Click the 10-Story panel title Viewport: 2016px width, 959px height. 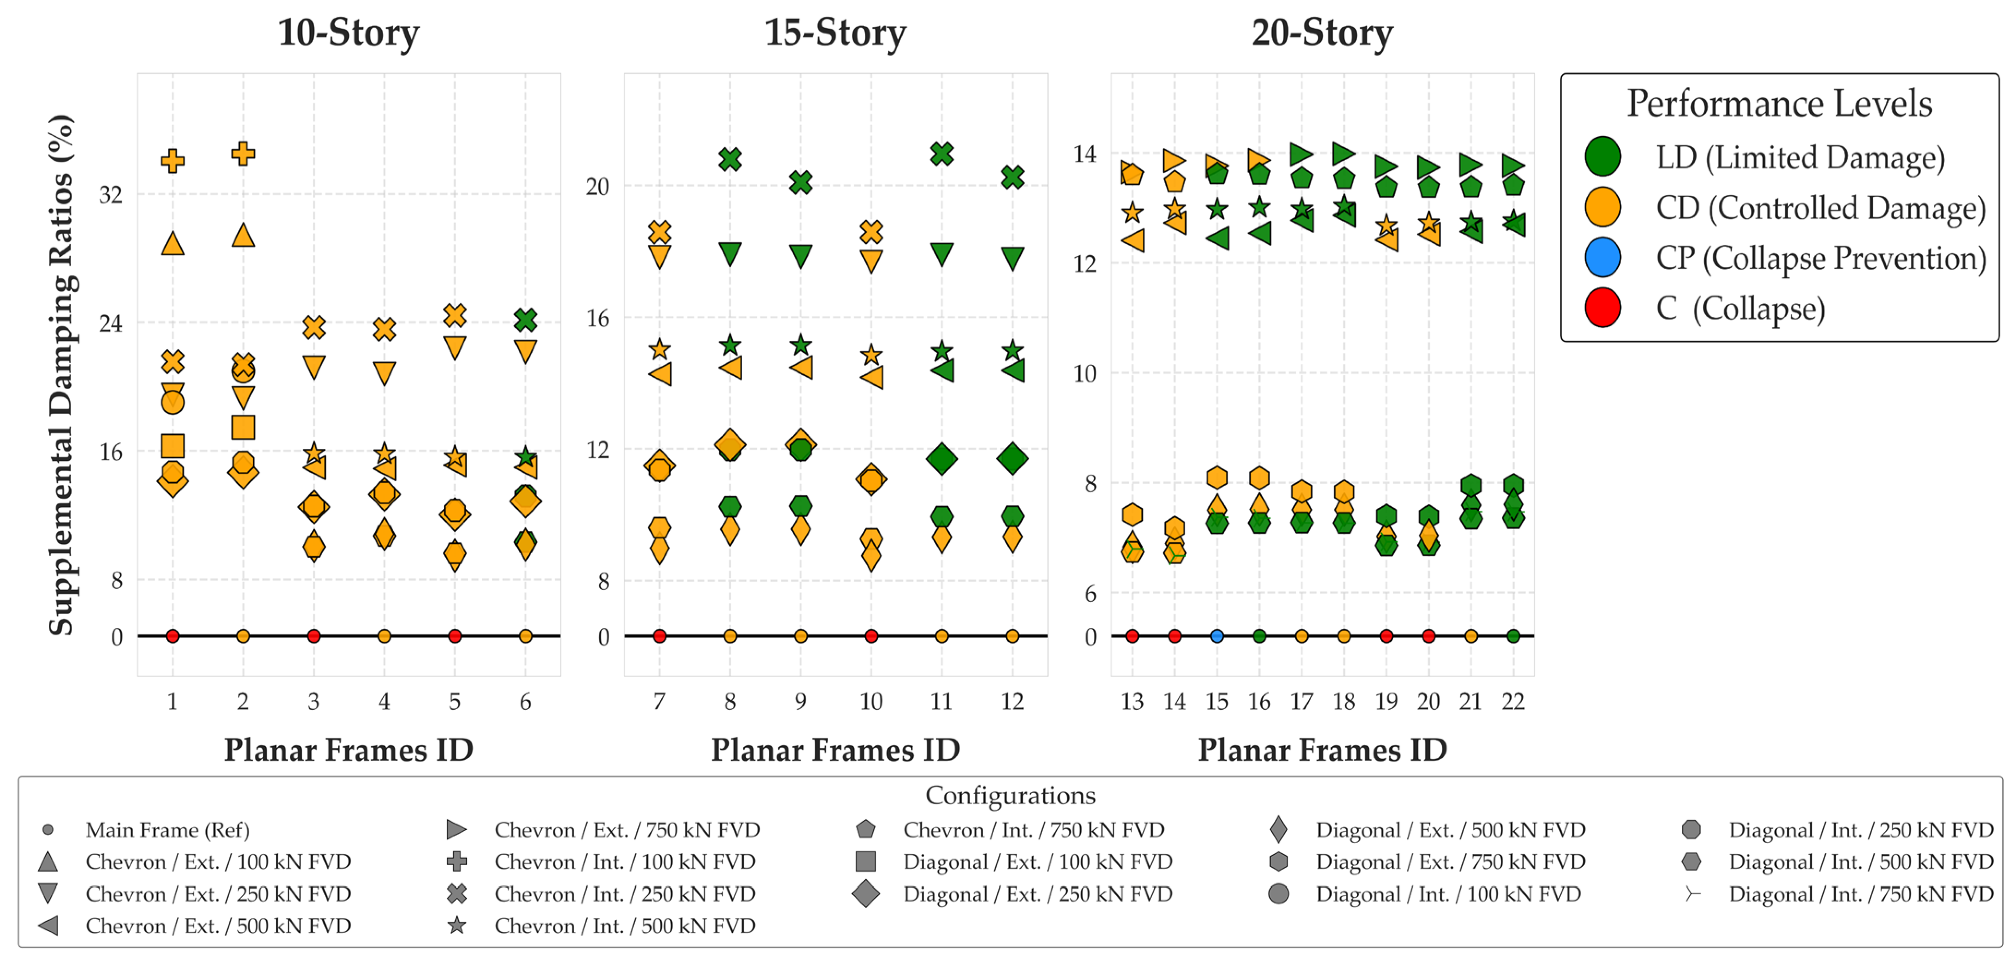tap(348, 33)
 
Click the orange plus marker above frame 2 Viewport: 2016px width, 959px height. tap(243, 153)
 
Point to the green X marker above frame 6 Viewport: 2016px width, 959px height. tap(525, 320)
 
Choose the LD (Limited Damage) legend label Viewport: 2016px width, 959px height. tap(1800, 157)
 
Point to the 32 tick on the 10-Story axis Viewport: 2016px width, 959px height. tap(110, 195)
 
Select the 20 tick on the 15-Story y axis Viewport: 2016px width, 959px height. tap(597, 187)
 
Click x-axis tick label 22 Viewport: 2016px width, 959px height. tap(1513, 701)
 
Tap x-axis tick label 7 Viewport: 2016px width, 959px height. tap(659, 701)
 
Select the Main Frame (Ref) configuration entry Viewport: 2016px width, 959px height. tap(145, 830)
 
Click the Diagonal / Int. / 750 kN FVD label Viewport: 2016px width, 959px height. tap(1861, 894)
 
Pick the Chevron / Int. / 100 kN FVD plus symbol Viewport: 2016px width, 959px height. tap(456, 862)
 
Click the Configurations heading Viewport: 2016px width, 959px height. tap(1010, 796)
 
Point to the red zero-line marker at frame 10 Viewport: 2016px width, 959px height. tap(871, 636)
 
